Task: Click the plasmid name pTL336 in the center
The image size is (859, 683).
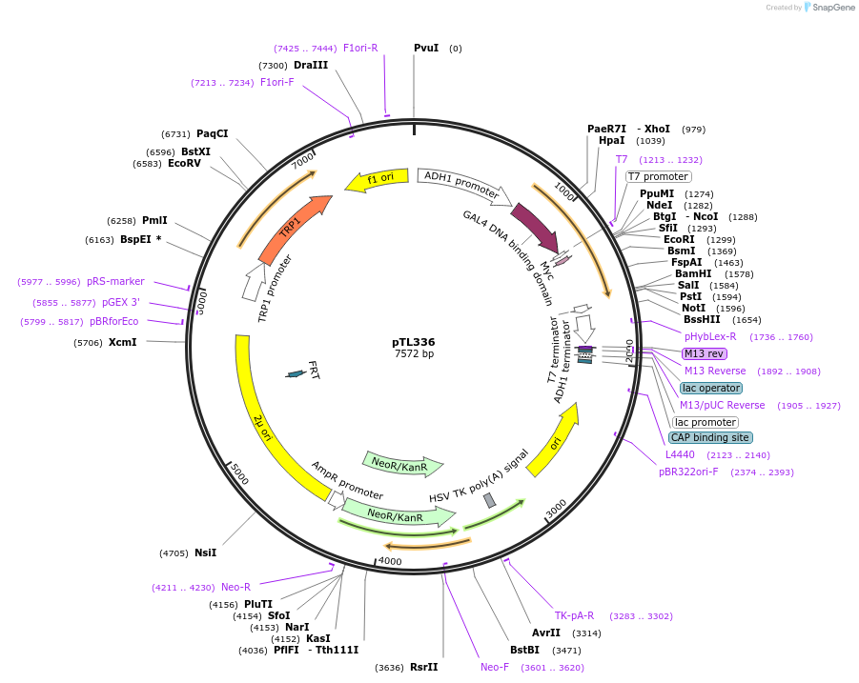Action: pos(414,342)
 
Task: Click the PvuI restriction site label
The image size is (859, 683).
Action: pos(426,48)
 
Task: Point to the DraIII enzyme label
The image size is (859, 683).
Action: pos(311,65)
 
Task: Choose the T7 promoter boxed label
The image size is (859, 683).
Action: pos(658,176)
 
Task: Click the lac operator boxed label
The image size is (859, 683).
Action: pos(711,388)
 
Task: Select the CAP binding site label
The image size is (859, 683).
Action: pos(710,437)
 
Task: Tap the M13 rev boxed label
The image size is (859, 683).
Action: pos(705,353)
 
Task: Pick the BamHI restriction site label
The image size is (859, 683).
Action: pos(693,273)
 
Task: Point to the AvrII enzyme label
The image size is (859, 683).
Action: pos(546,633)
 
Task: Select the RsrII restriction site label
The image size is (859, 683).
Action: pos(423,667)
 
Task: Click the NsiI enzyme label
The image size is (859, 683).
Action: pos(205,552)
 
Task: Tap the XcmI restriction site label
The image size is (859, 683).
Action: pos(122,342)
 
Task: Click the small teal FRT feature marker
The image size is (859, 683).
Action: pos(297,373)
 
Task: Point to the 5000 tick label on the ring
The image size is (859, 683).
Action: pos(239,473)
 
